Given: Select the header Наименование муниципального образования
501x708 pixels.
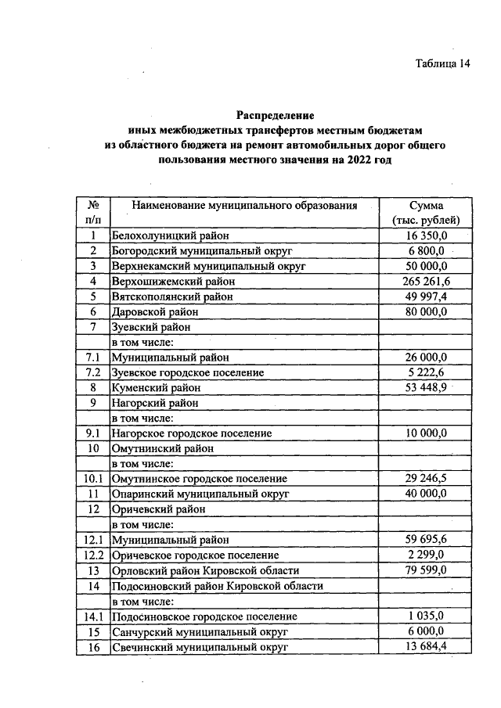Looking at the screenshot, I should coord(244,206).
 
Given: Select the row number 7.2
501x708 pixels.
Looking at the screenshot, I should coord(92,372).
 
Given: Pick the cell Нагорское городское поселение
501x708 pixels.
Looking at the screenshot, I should coord(192,433).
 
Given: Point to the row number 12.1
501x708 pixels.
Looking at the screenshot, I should coord(92,540).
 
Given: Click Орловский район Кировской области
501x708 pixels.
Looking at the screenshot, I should coord(205,570).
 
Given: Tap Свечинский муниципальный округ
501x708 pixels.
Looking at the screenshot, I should coord(200,647).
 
